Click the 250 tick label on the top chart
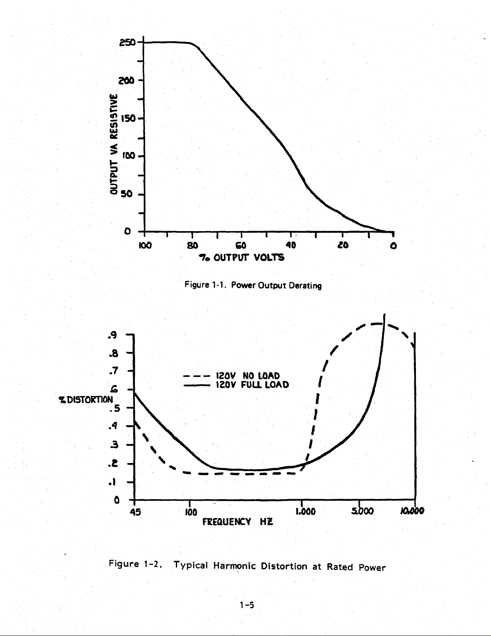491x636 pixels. click(x=127, y=43)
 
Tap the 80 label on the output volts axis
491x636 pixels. click(x=192, y=245)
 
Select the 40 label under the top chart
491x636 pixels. click(x=291, y=245)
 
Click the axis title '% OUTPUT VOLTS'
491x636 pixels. click(x=242, y=258)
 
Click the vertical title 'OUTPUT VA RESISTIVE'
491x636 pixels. click(x=114, y=144)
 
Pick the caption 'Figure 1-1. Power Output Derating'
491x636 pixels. click(x=253, y=285)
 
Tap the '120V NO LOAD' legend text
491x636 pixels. click(x=248, y=376)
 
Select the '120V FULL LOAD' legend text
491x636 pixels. click(x=253, y=384)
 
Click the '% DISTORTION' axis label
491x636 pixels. click(x=86, y=400)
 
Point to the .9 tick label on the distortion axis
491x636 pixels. click(x=112, y=335)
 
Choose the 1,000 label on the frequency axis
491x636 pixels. click(x=306, y=511)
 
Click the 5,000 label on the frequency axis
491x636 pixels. click(x=363, y=511)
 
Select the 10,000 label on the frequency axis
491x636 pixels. click(x=412, y=511)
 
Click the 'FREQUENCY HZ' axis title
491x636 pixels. click(x=238, y=522)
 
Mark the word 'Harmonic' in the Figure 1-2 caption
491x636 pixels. click(x=234, y=565)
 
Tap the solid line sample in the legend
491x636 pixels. click(x=197, y=386)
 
